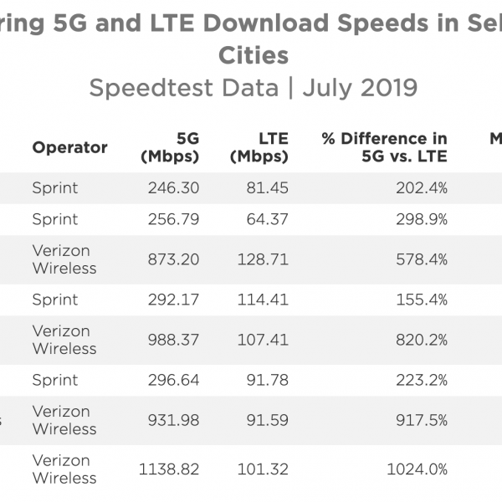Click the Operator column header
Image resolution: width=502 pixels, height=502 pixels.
point(69,147)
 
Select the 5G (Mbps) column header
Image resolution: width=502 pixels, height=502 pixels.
point(170,147)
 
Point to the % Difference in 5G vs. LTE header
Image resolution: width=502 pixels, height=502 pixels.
point(384,147)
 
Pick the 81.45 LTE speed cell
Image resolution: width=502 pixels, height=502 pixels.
point(268,188)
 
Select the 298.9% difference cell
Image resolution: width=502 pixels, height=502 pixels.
point(421,219)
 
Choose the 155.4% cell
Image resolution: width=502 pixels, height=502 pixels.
point(422,300)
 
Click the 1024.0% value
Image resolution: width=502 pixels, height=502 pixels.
point(418,469)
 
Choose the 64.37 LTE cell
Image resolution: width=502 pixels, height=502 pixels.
point(268,219)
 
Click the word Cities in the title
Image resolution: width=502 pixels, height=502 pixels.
point(253,55)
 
